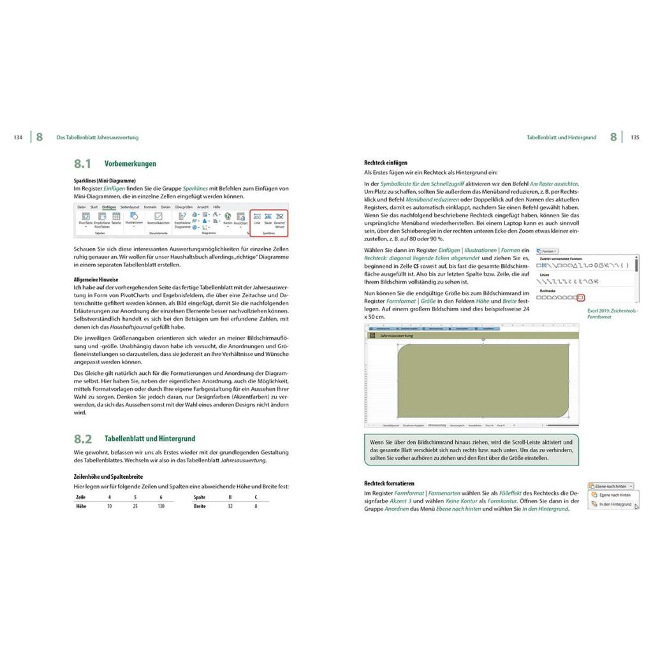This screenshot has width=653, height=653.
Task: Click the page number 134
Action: tap(18, 137)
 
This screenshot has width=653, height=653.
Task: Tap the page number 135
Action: tap(635, 137)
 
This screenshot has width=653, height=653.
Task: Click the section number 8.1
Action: tap(83, 164)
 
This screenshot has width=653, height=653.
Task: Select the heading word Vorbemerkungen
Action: tap(130, 164)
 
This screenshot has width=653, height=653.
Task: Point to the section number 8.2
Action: tap(83, 439)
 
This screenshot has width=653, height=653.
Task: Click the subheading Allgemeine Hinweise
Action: tap(96, 279)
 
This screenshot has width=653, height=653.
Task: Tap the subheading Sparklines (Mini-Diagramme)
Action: tap(105, 180)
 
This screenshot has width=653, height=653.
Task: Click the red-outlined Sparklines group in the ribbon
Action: tap(268, 223)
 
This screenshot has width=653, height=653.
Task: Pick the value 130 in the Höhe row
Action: tap(161, 506)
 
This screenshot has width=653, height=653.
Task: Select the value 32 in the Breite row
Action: tap(230, 506)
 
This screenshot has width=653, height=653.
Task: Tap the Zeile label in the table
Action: tap(80, 497)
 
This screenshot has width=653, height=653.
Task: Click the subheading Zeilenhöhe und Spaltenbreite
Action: tap(108, 476)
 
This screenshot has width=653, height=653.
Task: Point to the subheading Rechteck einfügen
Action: tap(386, 163)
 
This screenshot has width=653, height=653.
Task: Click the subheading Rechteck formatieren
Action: tap(389, 483)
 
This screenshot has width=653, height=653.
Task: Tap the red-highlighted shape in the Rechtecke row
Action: tap(580, 297)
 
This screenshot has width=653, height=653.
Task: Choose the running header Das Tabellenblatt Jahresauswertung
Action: tap(98, 137)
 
